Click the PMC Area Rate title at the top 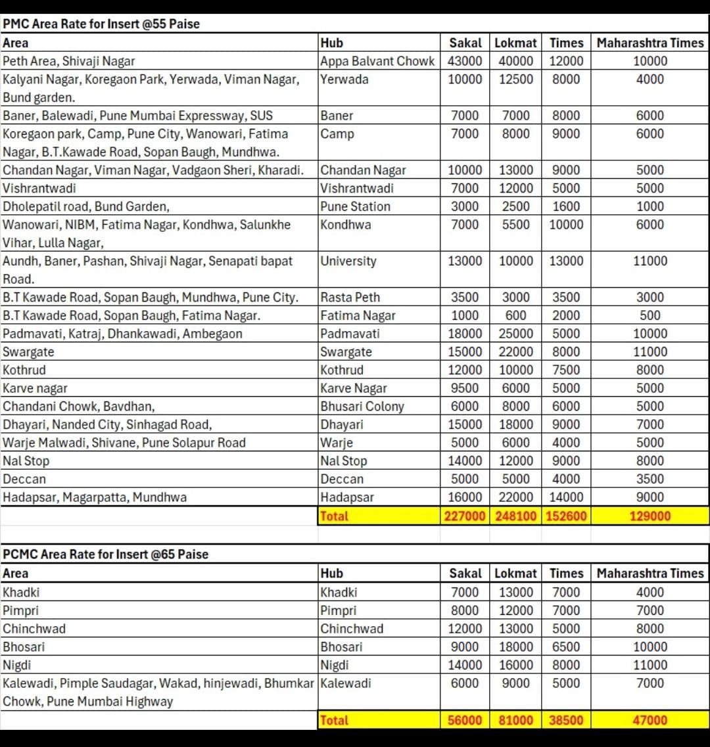(x=101, y=24)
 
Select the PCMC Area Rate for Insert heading (x=105, y=555)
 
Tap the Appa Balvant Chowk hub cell (x=377, y=61)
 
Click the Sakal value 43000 (x=465, y=61)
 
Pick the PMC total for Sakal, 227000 (x=465, y=516)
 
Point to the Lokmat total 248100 (x=515, y=516)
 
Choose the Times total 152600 (x=566, y=516)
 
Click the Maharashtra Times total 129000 (x=650, y=516)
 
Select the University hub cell (x=348, y=261)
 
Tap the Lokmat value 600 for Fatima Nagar (x=515, y=315)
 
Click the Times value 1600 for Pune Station (x=566, y=206)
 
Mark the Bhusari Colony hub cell (x=362, y=406)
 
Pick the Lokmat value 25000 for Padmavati (x=515, y=334)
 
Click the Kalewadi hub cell (x=346, y=683)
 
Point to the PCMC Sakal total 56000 (x=465, y=720)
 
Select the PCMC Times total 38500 (x=566, y=720)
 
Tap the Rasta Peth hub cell (x=350, y=297)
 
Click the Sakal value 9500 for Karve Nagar (x=465, y=388)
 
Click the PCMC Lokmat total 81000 (x=515, y=720)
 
